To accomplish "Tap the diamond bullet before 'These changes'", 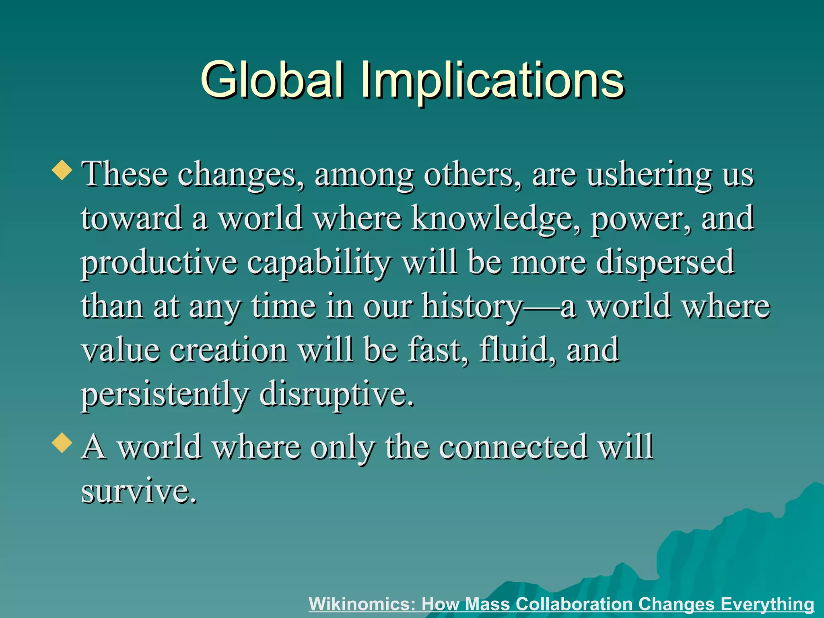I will tap(62, 170).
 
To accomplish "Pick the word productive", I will tap(159, 264).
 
